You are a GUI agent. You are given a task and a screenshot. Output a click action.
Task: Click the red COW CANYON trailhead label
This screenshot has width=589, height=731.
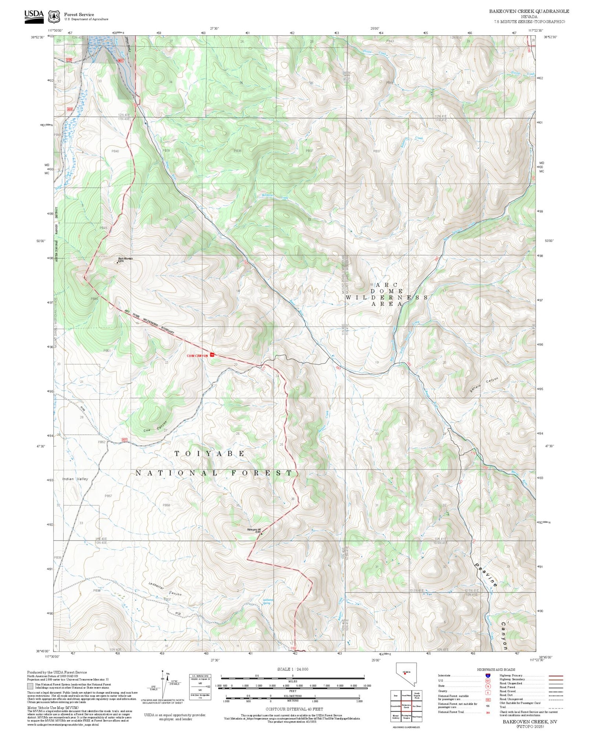click(x=197, y=356)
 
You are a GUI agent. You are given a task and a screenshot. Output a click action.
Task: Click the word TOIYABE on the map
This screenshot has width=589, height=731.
click(x=210, y=454)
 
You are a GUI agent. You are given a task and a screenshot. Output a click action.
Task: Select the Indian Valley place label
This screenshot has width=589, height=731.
click(x=75, y=479)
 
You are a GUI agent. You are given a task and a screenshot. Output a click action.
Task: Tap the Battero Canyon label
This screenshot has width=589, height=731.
click(x=484, y=385)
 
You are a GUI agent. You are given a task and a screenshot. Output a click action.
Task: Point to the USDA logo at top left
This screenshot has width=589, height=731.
click(x=34, y=16)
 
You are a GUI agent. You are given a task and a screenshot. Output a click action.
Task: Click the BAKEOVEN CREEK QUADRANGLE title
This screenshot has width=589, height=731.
click(x=529, y=11)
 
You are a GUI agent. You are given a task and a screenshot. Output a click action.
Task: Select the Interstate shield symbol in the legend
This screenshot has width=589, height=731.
click(x=488, y=675)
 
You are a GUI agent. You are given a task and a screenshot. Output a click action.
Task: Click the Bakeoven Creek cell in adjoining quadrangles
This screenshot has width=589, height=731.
click(x=406, y=706)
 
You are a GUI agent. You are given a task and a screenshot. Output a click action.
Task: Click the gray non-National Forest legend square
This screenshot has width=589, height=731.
click(x=30, y=686)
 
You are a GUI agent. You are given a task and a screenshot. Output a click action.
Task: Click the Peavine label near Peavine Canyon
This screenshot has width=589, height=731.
click(x=486, y=576)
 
